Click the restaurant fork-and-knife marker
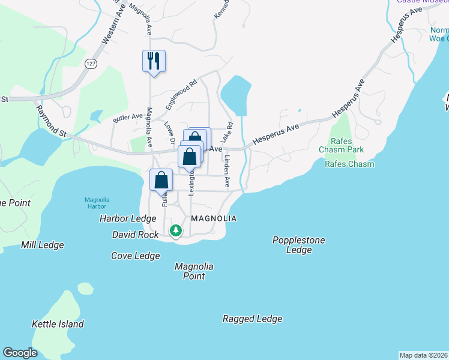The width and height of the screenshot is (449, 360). click(154, 61)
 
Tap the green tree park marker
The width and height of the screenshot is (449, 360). click(175, 230)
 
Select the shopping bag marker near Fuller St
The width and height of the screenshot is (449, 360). click(161, 180)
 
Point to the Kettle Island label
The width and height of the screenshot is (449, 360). click(58, 324)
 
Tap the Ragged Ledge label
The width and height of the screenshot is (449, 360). click(252, 319)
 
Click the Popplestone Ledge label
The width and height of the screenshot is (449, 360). click(298, 245)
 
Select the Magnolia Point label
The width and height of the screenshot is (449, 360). click(194, 271)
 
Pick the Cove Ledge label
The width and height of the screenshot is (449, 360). click(136, 256)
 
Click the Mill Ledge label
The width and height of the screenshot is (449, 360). click(42, 245)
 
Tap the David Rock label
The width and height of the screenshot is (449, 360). click(135, 234)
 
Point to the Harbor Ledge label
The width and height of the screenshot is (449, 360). click(128, 218)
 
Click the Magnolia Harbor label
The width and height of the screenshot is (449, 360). click(96, 204)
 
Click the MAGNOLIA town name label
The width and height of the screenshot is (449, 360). click(214, 218)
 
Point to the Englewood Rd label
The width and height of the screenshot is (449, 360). click(181, 95)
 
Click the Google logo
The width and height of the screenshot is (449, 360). click(20, 353)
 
